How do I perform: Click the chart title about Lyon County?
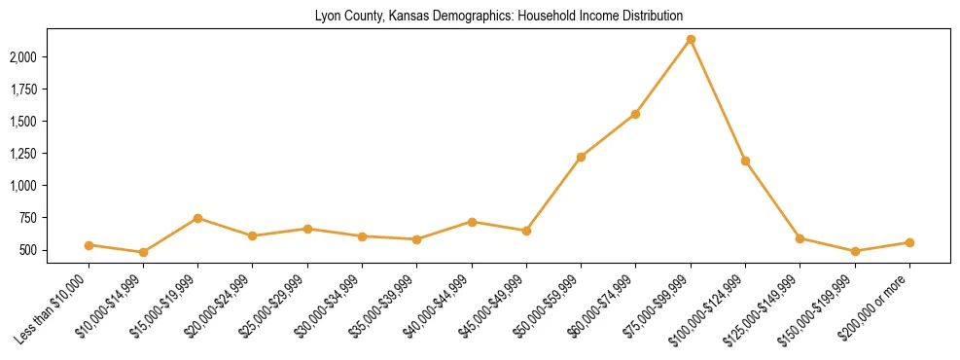(499, 17)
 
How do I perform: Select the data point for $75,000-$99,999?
(691, 40)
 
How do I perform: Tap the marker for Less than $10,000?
(89, 245)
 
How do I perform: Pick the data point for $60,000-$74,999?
(635, 114)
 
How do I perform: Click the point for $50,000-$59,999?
(581, 157)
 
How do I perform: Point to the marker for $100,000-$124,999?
(745, 161)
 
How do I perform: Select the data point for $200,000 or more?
(909, 242)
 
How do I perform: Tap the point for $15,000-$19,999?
(197, 218)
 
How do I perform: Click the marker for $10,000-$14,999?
(143, 252)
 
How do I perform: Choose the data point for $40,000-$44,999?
(472, 222)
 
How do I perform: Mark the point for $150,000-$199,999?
(855, 251)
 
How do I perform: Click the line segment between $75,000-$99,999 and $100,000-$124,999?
(718, 100)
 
